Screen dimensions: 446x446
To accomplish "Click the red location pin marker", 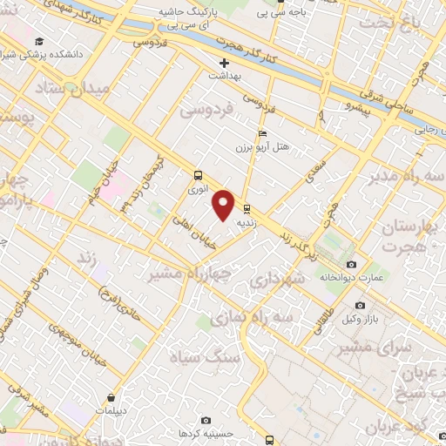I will (x=224, y=204).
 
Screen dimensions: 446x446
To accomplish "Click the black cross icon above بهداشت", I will (x=224, y=63).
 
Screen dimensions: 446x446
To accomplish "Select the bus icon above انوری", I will (x=199, y=173).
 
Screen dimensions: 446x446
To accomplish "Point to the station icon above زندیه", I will (x=247, y=208).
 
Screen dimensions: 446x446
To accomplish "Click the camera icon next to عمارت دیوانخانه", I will (x=351, y=264).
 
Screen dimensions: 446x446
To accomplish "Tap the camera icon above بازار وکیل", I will (x=361, y=306).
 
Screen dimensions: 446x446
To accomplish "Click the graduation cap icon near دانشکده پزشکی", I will (x=39, y=41).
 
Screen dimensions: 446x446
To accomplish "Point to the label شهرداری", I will (x=275, y=281).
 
